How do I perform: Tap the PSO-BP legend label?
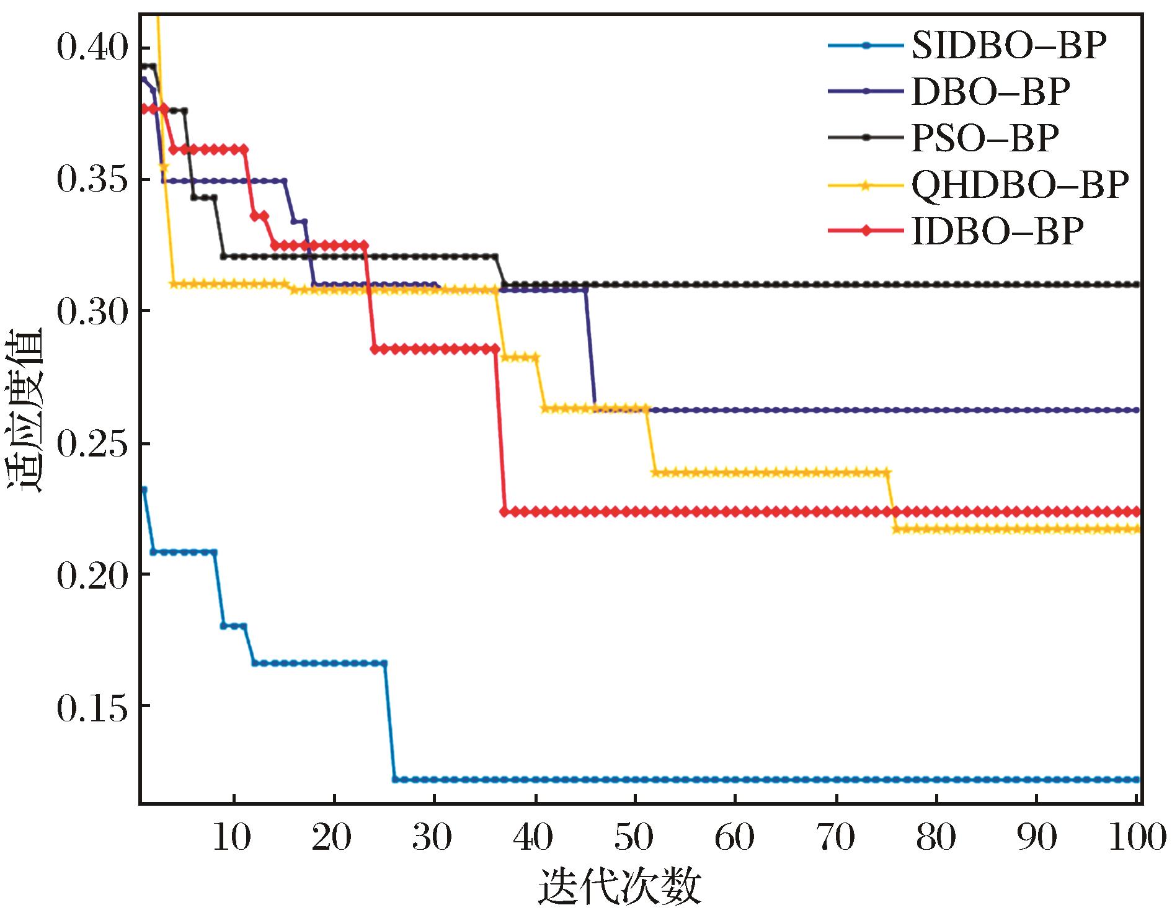pyautogui.click(x=985, y=138)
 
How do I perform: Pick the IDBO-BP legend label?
pyautogui.click(x=997, y=231)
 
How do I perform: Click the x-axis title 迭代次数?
pyautogui.click(x=619, y=888)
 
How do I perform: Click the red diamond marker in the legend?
pyautogui.click(x=866, y=231)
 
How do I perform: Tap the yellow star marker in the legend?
pyautogui.click(x=866, y=184)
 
